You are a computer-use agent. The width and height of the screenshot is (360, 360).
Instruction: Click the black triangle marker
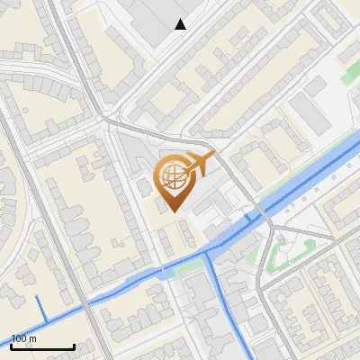(x=181, y=24)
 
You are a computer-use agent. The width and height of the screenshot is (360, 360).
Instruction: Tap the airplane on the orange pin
(x=199, y=164)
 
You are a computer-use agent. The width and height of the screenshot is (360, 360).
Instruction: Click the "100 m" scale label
(x=24, y=339)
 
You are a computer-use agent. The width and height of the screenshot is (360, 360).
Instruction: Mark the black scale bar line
(x=42, y=346)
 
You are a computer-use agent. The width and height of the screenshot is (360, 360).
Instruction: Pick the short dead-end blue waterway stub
(x=39, y=304)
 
